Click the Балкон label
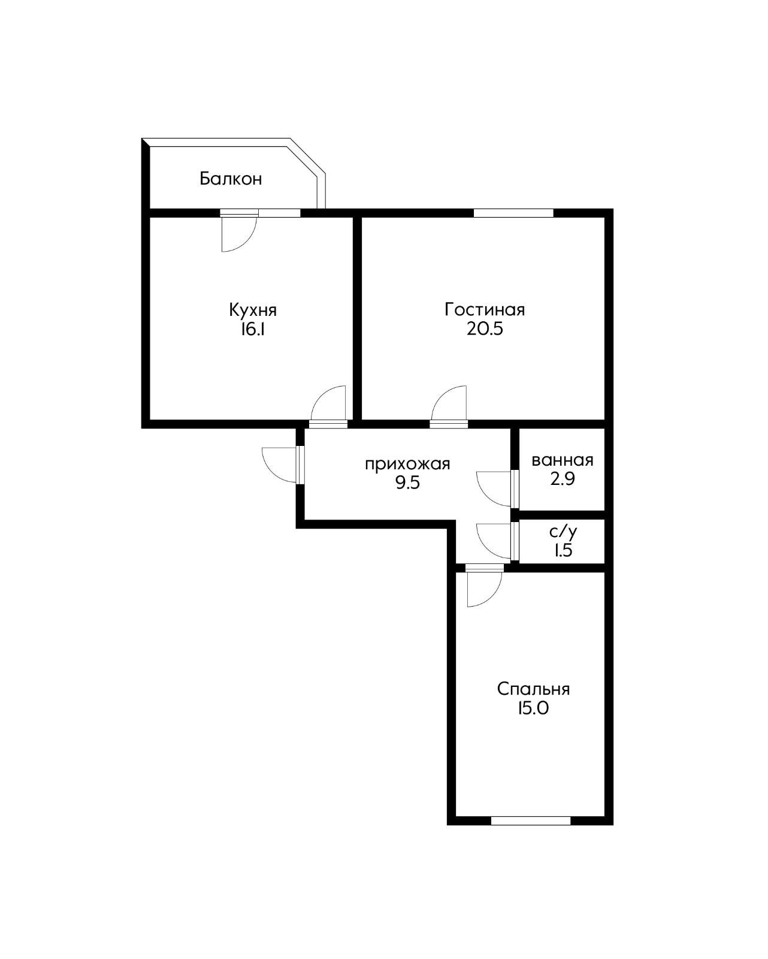[230, 179]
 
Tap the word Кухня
[253, 310]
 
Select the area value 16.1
[253, 329]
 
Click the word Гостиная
[485, 309]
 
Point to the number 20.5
[485, 329]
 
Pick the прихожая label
[407, 465]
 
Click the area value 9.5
[407, 483]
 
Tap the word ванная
[563, 460]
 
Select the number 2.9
[563, 479]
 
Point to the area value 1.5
[563, 551]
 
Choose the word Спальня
[533, 689]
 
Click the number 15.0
[533, 708]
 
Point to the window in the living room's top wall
[513, 213]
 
